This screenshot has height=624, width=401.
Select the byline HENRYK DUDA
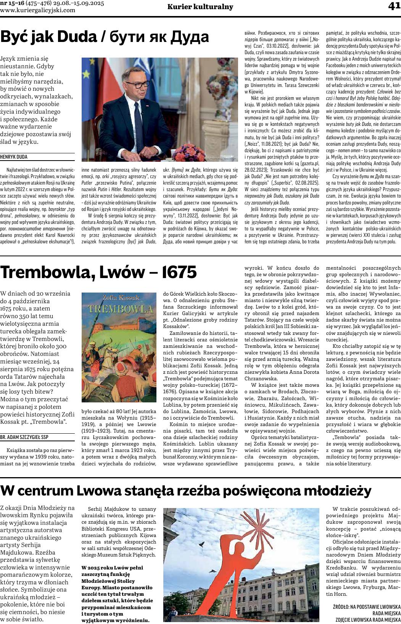pyautogui.click(x=14, y=157)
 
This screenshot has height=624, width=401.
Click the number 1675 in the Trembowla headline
pyautogui.click(x=179, y=272)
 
